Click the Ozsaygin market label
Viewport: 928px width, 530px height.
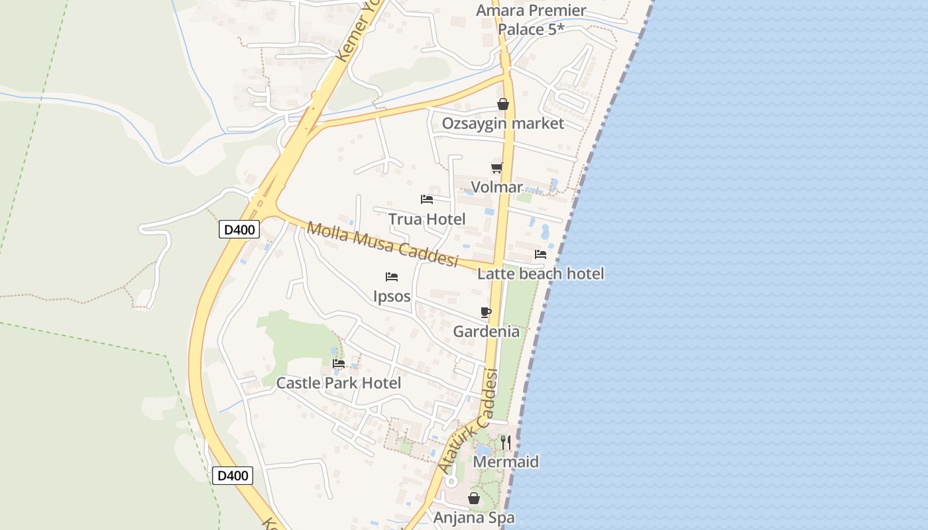coord(502,123)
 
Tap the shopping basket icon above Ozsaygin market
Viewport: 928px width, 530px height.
coord(503,104)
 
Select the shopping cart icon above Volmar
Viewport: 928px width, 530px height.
coord(496,168)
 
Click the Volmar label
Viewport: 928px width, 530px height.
coord(496,187)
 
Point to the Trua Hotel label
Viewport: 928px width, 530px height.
coord(427,219)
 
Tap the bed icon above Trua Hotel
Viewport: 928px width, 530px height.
coord(427,199)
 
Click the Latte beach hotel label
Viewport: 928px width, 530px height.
coord(540,274)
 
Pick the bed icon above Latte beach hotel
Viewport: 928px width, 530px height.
coord(541,254)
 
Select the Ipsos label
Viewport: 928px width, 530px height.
coord(392,296)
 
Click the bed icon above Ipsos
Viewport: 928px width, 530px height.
coord(392,276)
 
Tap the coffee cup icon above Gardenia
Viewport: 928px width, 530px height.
coord(486,312)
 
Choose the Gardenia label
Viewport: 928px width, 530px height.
coord(486,331)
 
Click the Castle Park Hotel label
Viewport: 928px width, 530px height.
coord(338,383)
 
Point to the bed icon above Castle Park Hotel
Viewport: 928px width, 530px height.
coord(339,363)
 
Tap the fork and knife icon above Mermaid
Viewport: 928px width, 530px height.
coord(506,442)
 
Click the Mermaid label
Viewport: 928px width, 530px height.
coord(506,462)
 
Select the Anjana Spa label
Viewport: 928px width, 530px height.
coord(474,517)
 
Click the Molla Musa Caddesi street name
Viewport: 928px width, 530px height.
coord(383,244)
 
